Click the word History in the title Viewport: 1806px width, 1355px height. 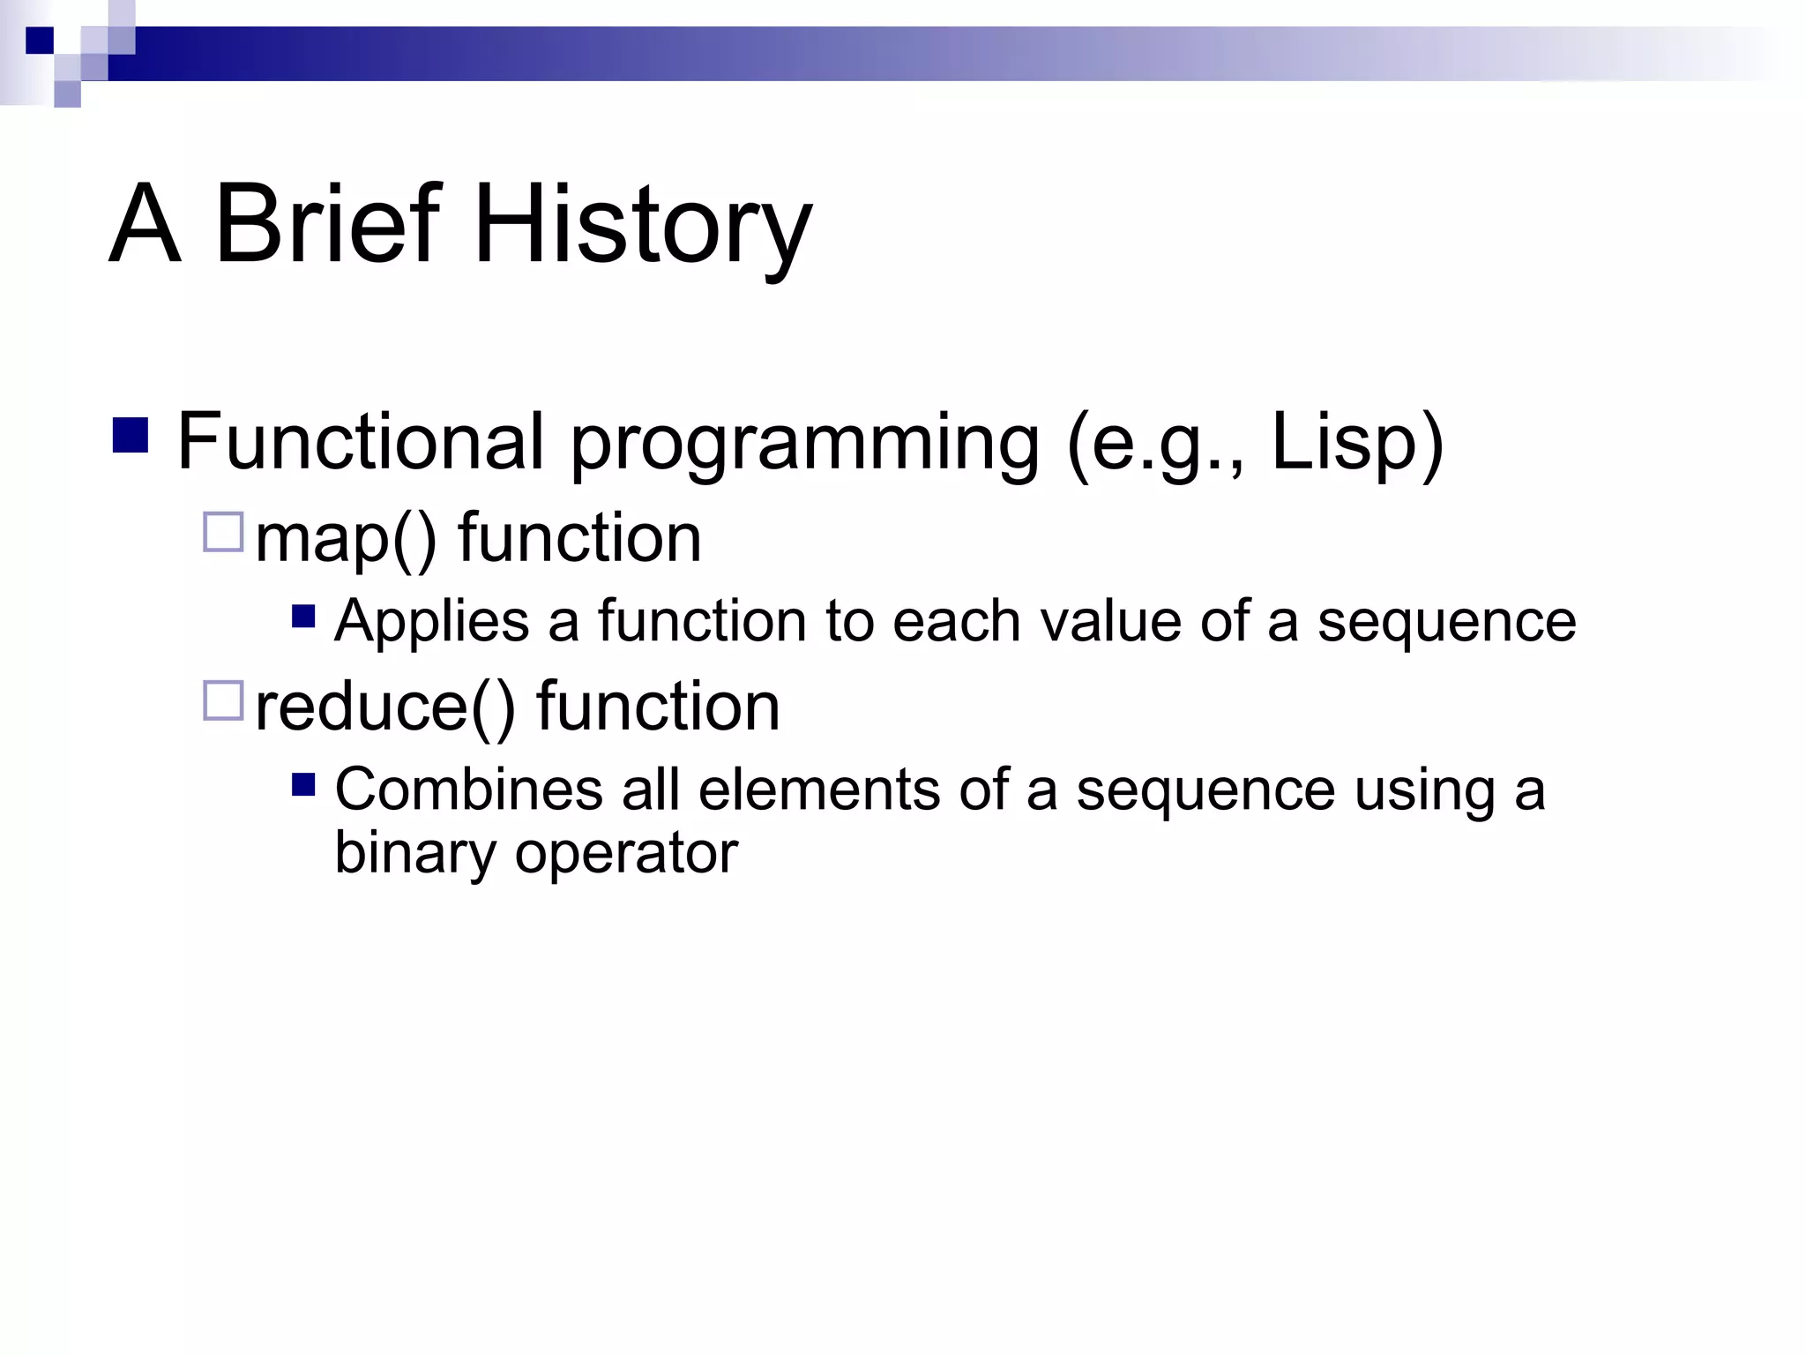point(643,225)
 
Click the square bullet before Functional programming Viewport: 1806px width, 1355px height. point(131,435)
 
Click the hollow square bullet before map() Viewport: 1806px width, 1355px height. point(223,532)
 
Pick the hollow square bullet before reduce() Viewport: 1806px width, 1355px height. point(223,700)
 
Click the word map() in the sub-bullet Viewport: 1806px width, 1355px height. point(346,539)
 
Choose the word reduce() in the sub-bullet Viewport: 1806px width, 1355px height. point(385,707)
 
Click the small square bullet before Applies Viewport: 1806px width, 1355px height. point(303,615)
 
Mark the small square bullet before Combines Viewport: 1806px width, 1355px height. point(303,784)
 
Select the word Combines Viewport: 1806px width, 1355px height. point(467,789)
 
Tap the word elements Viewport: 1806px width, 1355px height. point(819,789)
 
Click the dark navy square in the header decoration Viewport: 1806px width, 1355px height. point(40,41)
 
